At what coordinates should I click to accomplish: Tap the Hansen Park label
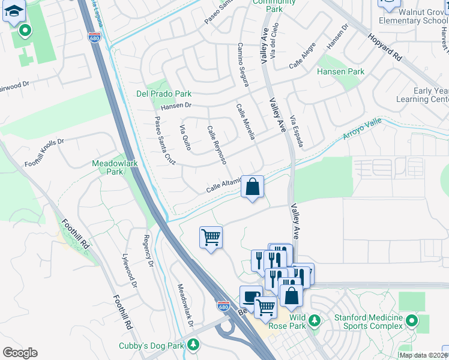pyautogui.click(x=340, y=71)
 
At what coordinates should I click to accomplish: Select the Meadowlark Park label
pyautogui.click(x=107, y=167)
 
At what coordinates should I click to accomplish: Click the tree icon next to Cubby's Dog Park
pyautogui.click(x=193, y=344)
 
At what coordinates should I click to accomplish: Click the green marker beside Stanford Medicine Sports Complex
pyautogui.click(x=412, y=321)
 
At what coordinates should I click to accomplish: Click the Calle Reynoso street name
pyautogui.click(x=217, y=145)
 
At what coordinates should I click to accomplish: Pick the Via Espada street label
pyautogui.click(x=297, y=132)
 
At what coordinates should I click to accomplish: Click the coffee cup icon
pyautogui.click(x=250, y=296)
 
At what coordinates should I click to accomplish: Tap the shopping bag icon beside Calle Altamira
pyautogui.click(x=253, y=187)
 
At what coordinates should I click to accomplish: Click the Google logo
pyautogui.click(x=20, y=352)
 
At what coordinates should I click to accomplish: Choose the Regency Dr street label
pyautogui.click(x=147, y=253)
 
